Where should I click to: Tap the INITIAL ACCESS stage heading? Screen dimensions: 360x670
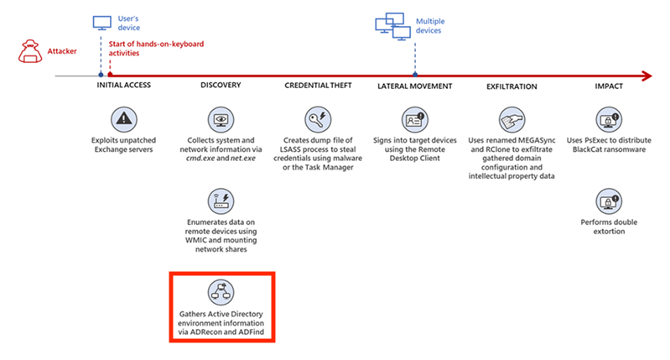tap(124, 86)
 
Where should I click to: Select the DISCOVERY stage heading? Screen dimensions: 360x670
tap(221, 86)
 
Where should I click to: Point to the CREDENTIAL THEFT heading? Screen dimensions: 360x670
tap(318, 86)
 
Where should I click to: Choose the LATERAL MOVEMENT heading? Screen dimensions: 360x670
tap(415, 86)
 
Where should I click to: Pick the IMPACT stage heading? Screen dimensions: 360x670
tap(608, 86)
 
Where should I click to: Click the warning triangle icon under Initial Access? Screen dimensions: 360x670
tap(124, 117)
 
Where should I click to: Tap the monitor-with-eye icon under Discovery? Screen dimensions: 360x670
tap(221, 117)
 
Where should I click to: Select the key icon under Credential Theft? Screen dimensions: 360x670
tap(319, 117)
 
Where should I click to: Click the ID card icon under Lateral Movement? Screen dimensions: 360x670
tap(415, 117)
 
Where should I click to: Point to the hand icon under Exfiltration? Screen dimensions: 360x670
tap(512, 117)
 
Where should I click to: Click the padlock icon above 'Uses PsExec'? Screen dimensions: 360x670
tap(608, 117)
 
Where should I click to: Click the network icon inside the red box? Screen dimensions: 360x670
tap(221, 292)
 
